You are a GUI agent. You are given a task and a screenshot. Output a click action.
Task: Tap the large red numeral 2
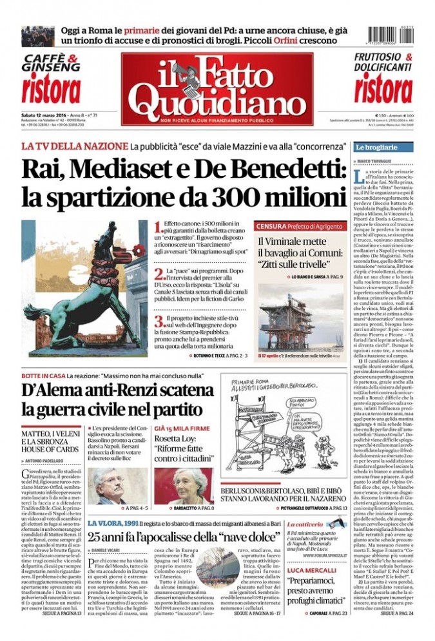tap(159, 274)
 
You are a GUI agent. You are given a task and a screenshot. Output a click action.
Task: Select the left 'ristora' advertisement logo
tap(51, 88)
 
